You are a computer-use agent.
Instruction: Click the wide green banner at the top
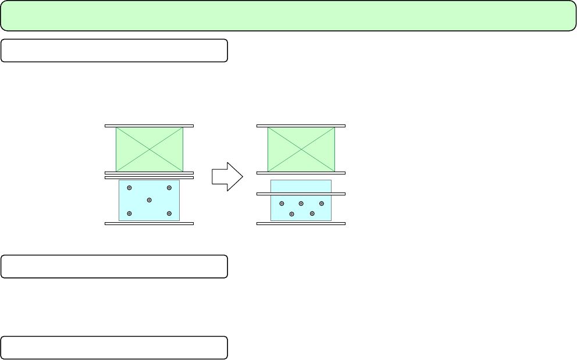point(288,16)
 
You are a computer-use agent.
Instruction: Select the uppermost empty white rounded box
point(114,51)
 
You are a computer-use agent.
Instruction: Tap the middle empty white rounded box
point(114,266)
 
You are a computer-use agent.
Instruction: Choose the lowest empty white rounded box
point(114,347)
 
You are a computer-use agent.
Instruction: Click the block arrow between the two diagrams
point(226,176)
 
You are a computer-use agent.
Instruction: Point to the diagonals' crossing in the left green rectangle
point(149,149)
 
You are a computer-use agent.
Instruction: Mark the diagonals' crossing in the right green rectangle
point(301,149)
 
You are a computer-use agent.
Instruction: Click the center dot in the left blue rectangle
point(149,200)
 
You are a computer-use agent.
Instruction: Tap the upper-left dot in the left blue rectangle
point(129,188)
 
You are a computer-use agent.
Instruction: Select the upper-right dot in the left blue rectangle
point(169,188)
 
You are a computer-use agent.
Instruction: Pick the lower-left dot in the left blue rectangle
point(129,213)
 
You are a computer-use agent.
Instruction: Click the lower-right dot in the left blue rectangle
point(169,213)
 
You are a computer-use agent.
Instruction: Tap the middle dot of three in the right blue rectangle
point(301,204)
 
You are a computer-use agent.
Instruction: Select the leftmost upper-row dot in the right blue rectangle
point(282,204)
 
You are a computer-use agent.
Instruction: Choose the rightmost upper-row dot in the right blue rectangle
point(322,204)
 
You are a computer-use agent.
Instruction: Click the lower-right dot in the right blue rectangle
point(312,213)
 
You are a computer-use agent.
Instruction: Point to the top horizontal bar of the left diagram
point(149,125)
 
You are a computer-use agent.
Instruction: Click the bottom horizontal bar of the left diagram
point(149,223)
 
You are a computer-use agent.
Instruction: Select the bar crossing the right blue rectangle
point(301,194)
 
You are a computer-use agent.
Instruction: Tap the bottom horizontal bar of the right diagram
point(301,223)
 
